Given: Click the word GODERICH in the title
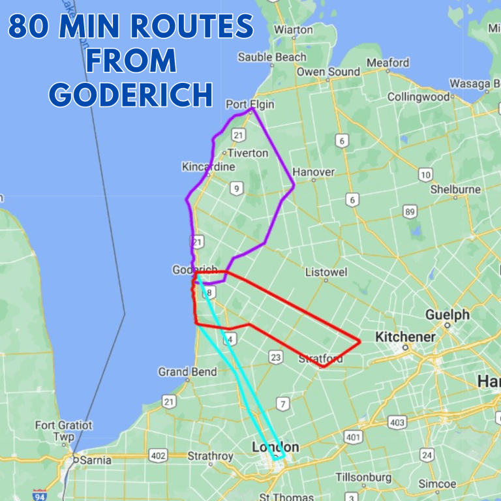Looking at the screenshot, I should point(131,95).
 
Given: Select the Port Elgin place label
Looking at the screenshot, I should point(250,104).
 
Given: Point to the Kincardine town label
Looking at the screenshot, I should point(208,167).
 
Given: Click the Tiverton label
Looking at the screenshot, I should point(247,153).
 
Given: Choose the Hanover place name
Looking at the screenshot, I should point(314,172).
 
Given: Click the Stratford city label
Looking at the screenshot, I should point(320,359).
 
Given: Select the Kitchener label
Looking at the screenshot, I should point(405,337).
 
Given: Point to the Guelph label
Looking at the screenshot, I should point(448,315).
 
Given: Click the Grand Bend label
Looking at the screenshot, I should point(187,372).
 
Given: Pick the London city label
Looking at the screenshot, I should point(276,448).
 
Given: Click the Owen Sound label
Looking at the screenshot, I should point(328,72).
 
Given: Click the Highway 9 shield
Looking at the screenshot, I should point(236,189).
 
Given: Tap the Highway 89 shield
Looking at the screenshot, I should point(410,211).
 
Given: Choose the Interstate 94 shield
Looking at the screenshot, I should point(40,495).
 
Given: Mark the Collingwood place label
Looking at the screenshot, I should point(419,97).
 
